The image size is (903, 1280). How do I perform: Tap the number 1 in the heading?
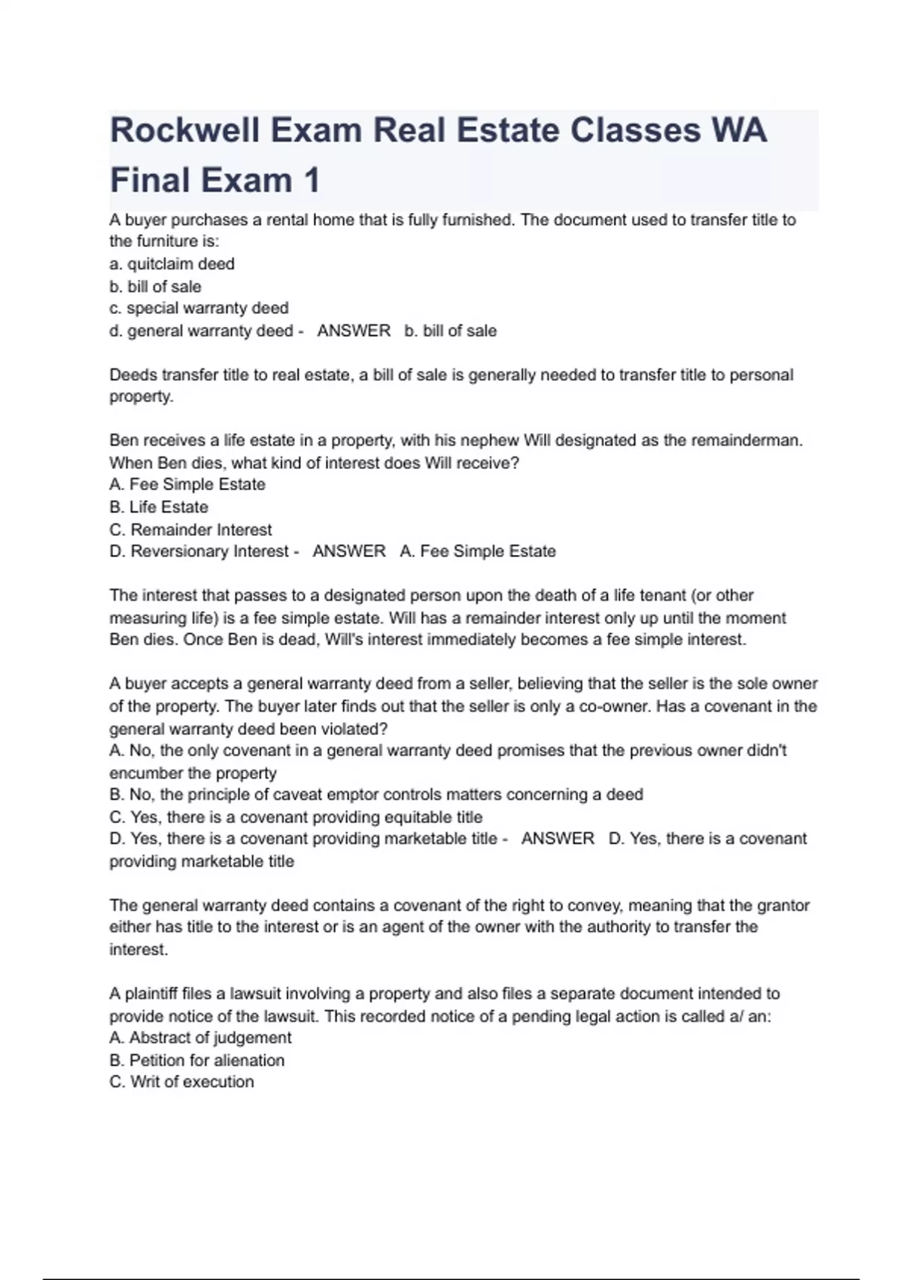coord(312,181)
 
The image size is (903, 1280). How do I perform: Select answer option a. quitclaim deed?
coord(172,264)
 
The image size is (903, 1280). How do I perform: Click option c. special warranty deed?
coord(199,308)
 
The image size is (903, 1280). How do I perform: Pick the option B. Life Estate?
coord(159,507)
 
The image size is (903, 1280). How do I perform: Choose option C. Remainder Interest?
coord(190,529)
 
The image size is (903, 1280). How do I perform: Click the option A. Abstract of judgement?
coord(200,1038)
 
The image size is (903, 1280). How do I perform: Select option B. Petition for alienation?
coord(197,1060)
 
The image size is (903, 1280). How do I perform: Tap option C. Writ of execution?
coord(181,1082)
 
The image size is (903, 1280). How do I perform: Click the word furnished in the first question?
coord(474,220)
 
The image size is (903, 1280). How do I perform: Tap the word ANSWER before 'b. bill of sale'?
coord(354,331)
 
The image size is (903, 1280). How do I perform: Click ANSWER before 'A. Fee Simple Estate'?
coord(349,551)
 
